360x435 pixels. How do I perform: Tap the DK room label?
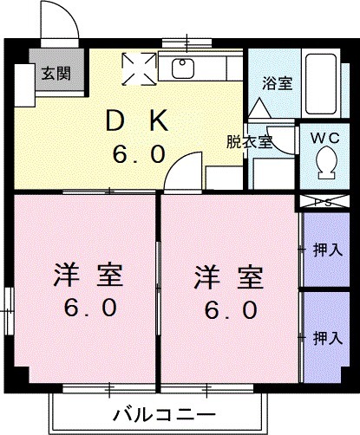pyautogui.click(x=138, y=121)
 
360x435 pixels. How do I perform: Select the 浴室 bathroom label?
pyautogui.click(x=278, y=84)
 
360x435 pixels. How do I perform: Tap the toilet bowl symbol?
pyautogui.click(x=328, y=162)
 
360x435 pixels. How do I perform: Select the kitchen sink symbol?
pyautogui.click(x=185, y=68)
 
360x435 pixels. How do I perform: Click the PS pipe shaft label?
pyautogui.click(x=326, y=202)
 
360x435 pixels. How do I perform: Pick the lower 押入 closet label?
pyautogui.click(x=327, y=336)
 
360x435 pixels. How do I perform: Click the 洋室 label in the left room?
pyautogui.click(x=84, y=276)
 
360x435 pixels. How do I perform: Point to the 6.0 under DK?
pyautogui.click(x=138, y=154)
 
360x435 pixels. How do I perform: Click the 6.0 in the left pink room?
pyautogui.click(x=84, y=309)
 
